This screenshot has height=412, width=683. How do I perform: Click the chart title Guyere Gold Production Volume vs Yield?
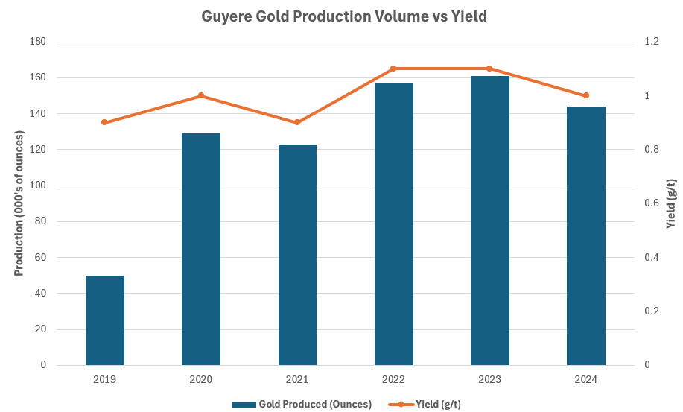tap(343, 16)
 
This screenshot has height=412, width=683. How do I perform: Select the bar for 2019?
tap(105, 320)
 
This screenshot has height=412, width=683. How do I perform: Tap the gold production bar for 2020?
tap(201, 250)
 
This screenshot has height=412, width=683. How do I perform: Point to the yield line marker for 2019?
tap(105, 122)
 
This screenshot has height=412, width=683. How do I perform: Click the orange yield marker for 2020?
tap(201, 95)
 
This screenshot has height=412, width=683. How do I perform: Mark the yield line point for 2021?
tap(297, 122)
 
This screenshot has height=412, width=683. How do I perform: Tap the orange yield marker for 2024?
tap(586, 95)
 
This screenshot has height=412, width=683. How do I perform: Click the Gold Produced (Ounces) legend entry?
tap(302, 404)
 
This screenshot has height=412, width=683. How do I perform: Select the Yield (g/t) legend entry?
tap(422, 404)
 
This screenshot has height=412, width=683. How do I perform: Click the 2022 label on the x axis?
tap(393, 379)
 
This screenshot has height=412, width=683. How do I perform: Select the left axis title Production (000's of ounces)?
tap(19, 203)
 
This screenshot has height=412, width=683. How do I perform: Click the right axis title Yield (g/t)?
tap(670, 203)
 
